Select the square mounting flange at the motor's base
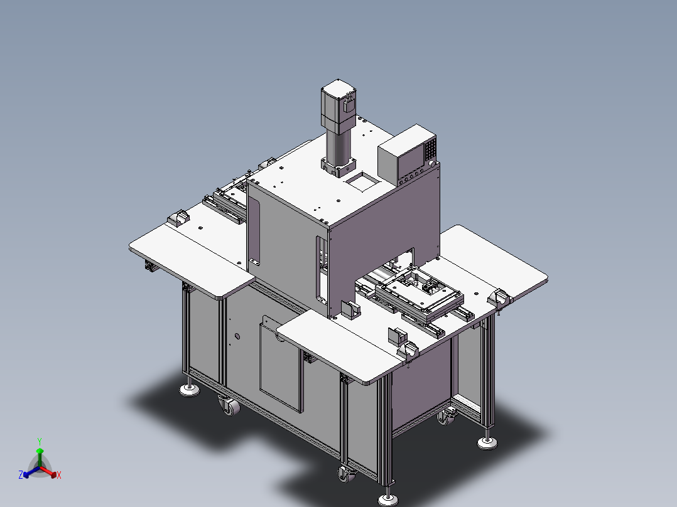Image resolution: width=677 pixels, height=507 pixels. click(x=340, y=167)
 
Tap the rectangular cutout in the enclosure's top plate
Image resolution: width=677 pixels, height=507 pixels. click(x=361, y=183)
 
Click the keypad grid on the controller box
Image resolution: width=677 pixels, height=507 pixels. click(x=429, y=149)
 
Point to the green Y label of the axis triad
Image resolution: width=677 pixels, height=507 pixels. click(x=39, y=441)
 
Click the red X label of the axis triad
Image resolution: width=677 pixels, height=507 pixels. click(x=58, y=476)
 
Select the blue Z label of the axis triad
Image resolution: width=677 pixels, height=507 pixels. click(x=20, y=475)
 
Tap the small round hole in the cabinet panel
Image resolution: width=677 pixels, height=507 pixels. click(x=237, y=336)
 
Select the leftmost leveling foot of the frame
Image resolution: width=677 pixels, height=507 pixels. click(x=188, y=390)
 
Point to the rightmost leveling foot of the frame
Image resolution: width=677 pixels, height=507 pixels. click(x=486, y=442)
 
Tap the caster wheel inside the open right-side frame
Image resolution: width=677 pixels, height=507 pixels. click(x=447, y=416)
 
